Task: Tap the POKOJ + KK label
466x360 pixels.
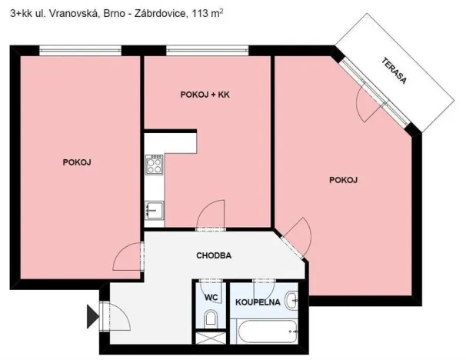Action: pyautogui.click(x=205, y=95)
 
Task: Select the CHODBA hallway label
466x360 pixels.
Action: pyautogui.click(x=214, y=255)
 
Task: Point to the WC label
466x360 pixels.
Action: pyautogui.click(x=210, y=299)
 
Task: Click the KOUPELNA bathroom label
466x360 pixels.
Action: pyautogui.click(x=257, y=301)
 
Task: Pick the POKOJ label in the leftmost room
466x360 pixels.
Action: pyautogui.click(x=77, y=162)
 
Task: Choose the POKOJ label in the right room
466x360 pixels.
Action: pyautogui.click(x=344, y=180)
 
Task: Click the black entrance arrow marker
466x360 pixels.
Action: pyautogui.click(x=92, y=315)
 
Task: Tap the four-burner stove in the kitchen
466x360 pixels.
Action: pyautogui.click(x=155, y=165)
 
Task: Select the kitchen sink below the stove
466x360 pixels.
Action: pyautogui.click(x=155, y=208)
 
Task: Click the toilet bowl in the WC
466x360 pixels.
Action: pyautogui.click(x=210, y=318)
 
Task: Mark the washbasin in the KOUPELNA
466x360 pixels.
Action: pyautogui.click(x=291, y=300)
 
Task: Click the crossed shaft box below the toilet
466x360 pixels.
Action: pyautogui.click(x=207, y=338)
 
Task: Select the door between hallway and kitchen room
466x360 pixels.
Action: pyautogui.click(x=209, y=217)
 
